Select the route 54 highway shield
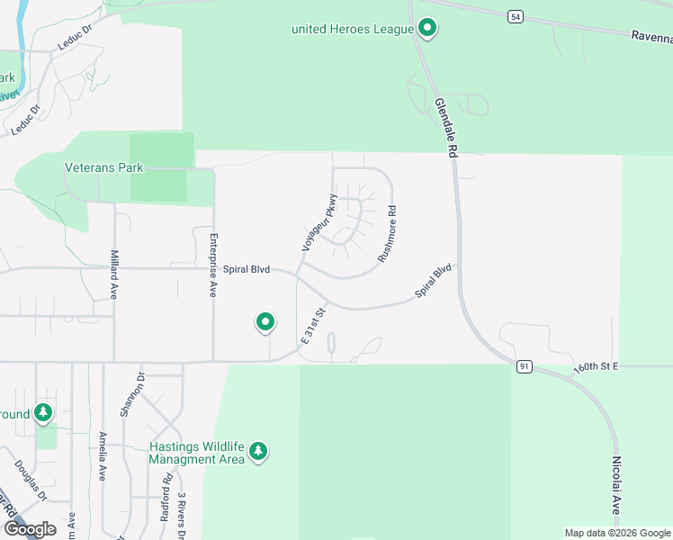coord(514,17)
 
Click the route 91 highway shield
coord(523,366)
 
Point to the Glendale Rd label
coord(443,129)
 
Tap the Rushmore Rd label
coord(387,234)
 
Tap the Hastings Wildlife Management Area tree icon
coord(259,450)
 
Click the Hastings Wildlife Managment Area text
coord(197,453)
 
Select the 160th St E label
coord(597,368)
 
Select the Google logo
coord(30,529)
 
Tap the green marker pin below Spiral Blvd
coord(265,321)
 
